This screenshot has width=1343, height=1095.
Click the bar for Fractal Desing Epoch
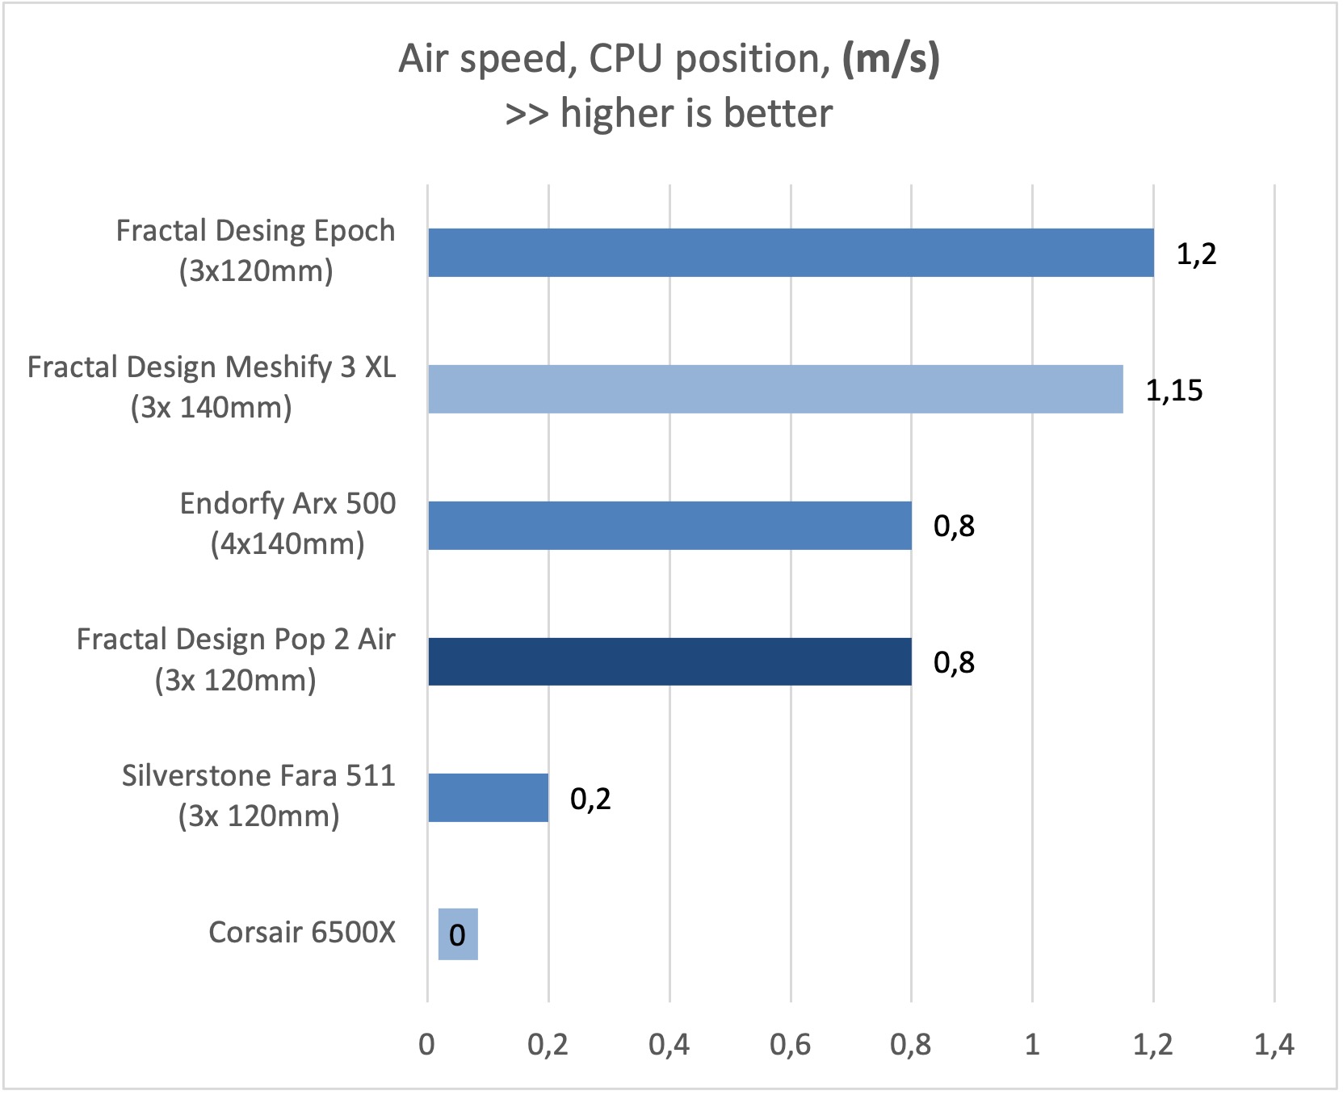tap(790, 253)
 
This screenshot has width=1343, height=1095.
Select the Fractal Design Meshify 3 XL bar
tap(774, 389)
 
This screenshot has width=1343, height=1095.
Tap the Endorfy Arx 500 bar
tap(669, 526)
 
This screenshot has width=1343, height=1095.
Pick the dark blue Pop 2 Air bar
tap(669, 662)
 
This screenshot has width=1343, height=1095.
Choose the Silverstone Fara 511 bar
tap(488, 798)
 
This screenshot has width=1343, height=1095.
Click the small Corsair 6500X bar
tap(458, 934)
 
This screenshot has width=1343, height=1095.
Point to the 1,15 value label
tap(1174, 391)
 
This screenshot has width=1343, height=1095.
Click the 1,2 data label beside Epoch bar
tap(1196, 254)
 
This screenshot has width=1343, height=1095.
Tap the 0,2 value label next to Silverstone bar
tap(590, 799)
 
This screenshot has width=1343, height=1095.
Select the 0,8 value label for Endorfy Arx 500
tap(954, 527)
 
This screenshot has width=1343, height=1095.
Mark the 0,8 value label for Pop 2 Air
tap(954, 663)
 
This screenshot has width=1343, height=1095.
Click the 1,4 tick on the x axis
tap(1274, 1045)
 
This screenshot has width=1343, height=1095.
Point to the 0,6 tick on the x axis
tap(790, 1045)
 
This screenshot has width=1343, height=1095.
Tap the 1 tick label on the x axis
tap(1032, 1045)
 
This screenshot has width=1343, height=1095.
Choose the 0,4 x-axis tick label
tap(669, 1045)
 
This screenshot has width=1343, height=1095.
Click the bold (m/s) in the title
tap(891, 59)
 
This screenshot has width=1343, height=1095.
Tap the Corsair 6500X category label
tap(302, 933)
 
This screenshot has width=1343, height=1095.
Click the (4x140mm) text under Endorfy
tap(287, 544)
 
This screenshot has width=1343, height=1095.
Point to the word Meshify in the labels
tap(279, 368)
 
